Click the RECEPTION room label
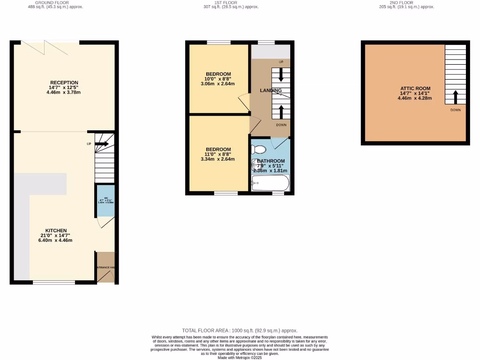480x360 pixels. pyautogui.click(x=64, y=83)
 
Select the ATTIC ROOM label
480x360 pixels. pyautogui.click(x=415, y=88)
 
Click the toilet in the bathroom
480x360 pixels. pyautogui.click(x=258, y=150)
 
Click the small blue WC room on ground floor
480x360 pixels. pyautogui.click(x=105, y=200)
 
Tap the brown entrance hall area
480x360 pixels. pyautogui.click(x=105, y=267)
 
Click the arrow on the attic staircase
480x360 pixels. pyautogui.click(x=455, y=97)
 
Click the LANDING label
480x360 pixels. pyautogui.click(x=271, y=90)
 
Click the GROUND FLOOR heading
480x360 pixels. pyautogui.click(x=55, y=3)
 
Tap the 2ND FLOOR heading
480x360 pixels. pyautogui.click(x=406, y=3)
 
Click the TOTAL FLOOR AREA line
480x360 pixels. pyautogui.click(x=240, y=330)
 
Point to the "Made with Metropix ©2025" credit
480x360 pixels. pyautogui.click(x=240, y=358)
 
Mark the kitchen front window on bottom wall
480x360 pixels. pyautogui.click(x=54, y=282)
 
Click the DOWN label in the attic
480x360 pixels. pyautogui.click(x=455, y=110)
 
